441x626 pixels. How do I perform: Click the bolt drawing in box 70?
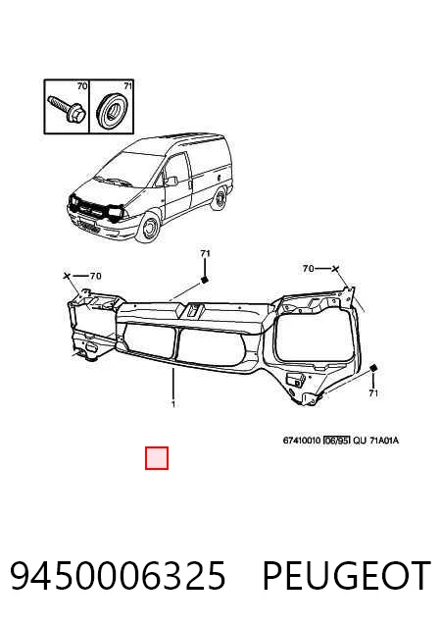pyautogui.click(x=67, y=109)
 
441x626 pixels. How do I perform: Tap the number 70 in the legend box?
pyautogui.click(x=81, y=85)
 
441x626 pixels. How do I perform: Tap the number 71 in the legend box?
pyautogui.click(x=127, y=85)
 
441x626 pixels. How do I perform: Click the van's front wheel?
pyautogui.click(x=148, y=229)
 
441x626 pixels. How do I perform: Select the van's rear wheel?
pyautogui.click(x=219, y=200)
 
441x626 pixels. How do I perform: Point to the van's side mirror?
pyautogui.click(x=171, y=182)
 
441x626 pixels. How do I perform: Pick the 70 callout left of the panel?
pyautogui.click(x=95, y=276)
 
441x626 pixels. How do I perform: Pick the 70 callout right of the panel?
pyautogui.click(x=309, y=269)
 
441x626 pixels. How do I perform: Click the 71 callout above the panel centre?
pyautogui.click(x=205, y=253)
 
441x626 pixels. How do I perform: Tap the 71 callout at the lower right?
pyautogui.click(x=373, y=392)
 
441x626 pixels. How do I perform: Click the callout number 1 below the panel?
pyautogui.click(x=173, y=404)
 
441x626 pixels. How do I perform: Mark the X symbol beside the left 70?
pyautogui.click(x=68, y=276)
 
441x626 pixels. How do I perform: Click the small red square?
pyautogui.click(x=157, y=458)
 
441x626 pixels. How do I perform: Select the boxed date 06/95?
pyautogui.click(x=336, y=441)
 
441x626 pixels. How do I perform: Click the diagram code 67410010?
pyautogui.click(x=302, y=441)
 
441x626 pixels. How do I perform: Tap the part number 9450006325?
pyautogui.click(x=118, y=575)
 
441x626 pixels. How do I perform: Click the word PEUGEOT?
pyautogui.click(x=347, y=575)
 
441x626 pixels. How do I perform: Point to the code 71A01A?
pyautogui.click(x=384, y=441)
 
